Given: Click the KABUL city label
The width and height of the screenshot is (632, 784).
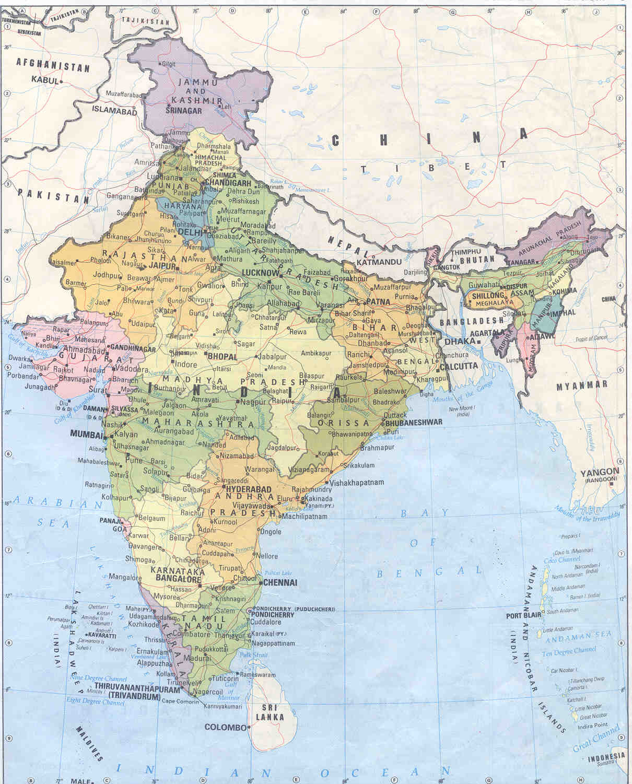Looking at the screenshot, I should [x=45, y=80].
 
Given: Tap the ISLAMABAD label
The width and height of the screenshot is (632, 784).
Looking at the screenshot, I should [x=114, y=111].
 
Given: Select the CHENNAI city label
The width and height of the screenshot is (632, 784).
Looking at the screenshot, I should [x=281, y=582].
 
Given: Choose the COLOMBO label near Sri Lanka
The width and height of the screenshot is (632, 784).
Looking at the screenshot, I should [x=225, y=727].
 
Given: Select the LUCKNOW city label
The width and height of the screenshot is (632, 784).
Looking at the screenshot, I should [x=260, y=273].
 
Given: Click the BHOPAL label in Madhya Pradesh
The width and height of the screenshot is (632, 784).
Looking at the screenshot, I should [x=223, y=356].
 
